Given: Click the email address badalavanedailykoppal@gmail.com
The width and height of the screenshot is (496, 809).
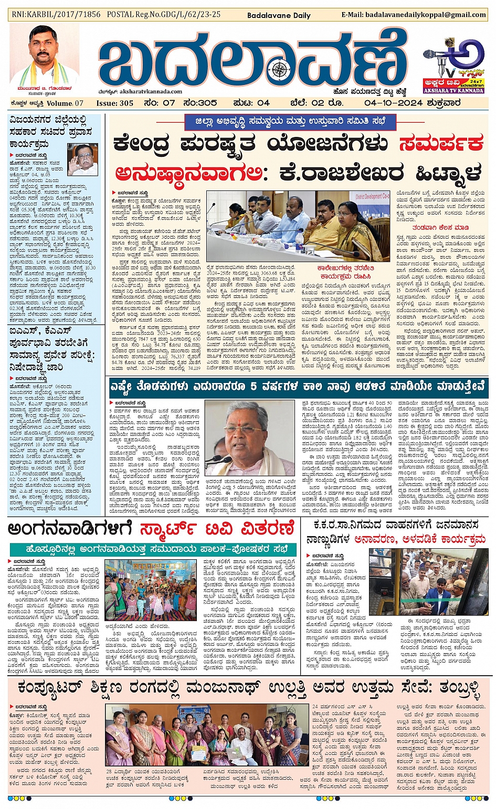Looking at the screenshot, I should coord(414,15).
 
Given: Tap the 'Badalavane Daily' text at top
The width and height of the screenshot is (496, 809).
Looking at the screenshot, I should coord(279,15).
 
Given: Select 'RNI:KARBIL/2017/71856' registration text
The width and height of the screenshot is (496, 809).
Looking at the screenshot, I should coord(56,14).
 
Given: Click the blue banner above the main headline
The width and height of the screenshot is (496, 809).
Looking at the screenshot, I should coord(290,122).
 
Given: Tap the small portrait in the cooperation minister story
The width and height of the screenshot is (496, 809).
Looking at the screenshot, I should coord(82,159).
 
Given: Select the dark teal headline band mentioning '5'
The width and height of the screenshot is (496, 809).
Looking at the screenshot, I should coord(298,387).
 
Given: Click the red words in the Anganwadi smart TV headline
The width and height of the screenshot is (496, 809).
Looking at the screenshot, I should coord(216,529).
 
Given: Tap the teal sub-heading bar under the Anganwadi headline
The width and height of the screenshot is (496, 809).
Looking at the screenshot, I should coord(153,549).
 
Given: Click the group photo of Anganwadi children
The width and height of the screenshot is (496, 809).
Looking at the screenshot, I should coord(150,590).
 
